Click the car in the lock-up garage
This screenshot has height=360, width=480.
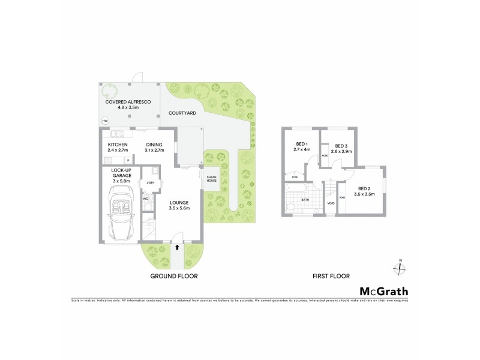[x=122, y=213]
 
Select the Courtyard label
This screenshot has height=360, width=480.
[x=180, y=112]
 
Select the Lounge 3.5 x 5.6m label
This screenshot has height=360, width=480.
[x=179, y=205]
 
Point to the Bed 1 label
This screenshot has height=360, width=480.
[x=302, y=147]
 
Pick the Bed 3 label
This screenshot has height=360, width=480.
[x=341, y=148]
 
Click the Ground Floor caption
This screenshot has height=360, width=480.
[x=173, y=277]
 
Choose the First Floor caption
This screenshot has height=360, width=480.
[x=331, y=277]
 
